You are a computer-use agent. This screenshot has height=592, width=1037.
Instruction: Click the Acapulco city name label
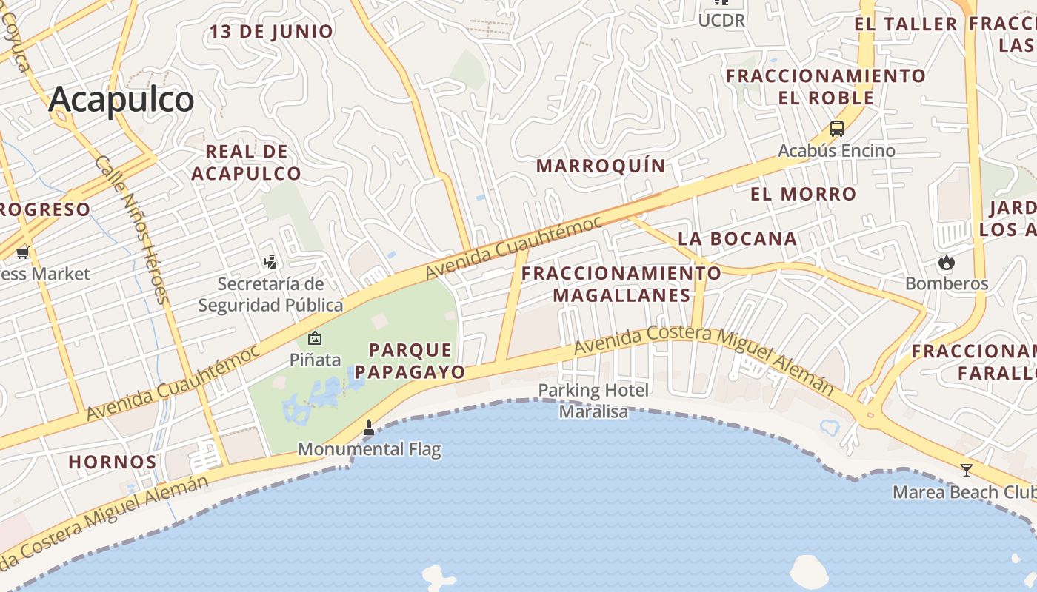click(x=121, y=99)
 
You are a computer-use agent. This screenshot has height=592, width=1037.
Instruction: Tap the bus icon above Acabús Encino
click(x=836, y=129)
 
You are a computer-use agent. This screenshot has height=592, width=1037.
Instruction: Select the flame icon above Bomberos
click(x=946, y=262)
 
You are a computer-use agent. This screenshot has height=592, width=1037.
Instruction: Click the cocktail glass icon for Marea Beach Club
click(x=966, y=470)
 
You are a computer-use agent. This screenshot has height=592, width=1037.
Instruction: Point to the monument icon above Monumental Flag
click(x=369, y=427)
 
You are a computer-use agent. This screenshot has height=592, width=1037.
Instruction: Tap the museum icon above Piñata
click(x=315, y=338)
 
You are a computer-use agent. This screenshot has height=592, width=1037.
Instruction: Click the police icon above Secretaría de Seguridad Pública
click(x=270, y=261)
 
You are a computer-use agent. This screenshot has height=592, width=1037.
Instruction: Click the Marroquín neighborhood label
click(x=601, y=166)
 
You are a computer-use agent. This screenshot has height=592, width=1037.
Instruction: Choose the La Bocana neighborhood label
click(x=737, y=238)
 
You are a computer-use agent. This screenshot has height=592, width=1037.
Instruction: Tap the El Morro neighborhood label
click(x=803, y=194)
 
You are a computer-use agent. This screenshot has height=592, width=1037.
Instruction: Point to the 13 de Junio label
click(x=271, y=32)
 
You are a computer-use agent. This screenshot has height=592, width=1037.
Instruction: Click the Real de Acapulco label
click(x=246, y=163)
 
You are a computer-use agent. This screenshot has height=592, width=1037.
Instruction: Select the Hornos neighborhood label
click(x=113, y=462)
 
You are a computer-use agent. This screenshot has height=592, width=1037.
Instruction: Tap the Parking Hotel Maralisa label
click(x=593, y=400)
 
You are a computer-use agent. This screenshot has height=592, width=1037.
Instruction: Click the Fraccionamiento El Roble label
click(x=825, y=87)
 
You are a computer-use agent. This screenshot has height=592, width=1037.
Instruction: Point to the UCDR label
click(x=721, y=21)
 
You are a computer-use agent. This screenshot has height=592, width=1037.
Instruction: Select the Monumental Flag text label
click(x=369, y=449)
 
